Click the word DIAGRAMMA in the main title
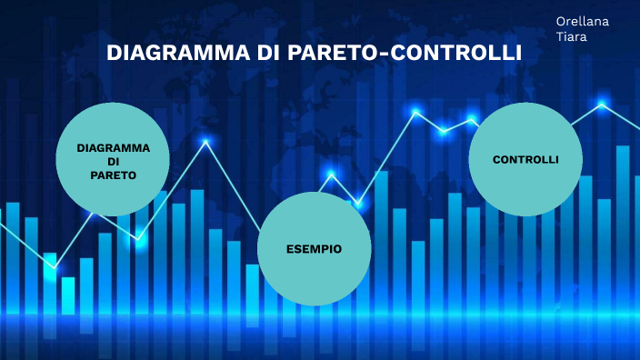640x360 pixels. point(173,53)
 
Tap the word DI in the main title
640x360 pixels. point(268,53)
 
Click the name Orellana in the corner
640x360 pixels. point(583,20)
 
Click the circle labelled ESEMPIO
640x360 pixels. point(314,248)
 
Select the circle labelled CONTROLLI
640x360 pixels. point(525,160)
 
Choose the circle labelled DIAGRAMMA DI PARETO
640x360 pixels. point(113,160)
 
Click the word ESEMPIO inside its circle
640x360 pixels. point(314,248)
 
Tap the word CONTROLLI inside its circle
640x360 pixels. point(525,159)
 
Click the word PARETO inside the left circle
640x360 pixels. point(113,174)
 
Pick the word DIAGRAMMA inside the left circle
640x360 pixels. point(113,146)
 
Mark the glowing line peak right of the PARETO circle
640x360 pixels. point(206,142)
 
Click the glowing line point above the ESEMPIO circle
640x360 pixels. point(331,174)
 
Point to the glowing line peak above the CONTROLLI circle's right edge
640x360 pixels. point(601,105)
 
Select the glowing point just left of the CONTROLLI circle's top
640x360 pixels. point(472,119)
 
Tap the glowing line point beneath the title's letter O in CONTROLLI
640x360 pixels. point(415,113)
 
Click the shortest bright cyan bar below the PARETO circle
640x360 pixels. point(68,295)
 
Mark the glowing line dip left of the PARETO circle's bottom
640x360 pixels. point(52,266)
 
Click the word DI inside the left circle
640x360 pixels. point(113,160)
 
